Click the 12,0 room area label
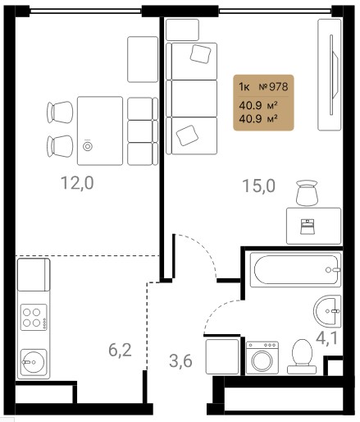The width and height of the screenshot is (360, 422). point(77,183)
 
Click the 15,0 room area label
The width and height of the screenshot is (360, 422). point(258,186)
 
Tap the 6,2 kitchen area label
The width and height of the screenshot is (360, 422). point(120,351)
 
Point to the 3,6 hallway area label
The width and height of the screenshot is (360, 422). point(180,361)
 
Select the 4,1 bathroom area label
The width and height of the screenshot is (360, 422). point(326,337)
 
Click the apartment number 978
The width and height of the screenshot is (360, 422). point(279,87)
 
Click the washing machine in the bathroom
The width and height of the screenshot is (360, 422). point(262,358)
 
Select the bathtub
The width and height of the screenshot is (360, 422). point(295,270)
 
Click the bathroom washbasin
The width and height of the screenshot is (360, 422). point(327,311)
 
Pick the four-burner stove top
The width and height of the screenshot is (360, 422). point(34,318)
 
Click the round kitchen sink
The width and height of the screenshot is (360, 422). point(34,362)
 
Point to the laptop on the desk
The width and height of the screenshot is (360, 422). point(308,227)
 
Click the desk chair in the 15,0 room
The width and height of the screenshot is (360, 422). point(307,192)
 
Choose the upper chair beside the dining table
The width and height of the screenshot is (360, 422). point(60,112)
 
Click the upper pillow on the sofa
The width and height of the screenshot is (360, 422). point(201,54)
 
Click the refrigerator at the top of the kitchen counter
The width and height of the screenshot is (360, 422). point(34,274)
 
